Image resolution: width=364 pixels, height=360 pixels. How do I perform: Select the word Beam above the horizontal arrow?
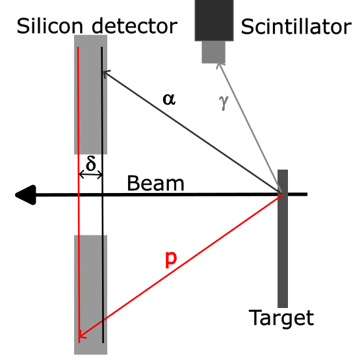155,183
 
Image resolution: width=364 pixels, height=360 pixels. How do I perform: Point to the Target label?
281,318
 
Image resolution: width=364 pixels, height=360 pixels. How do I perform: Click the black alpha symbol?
169,99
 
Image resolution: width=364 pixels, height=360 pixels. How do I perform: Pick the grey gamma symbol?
225,103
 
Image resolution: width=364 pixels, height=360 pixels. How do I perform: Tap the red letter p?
170,259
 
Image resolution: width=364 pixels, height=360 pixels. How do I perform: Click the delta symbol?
91,163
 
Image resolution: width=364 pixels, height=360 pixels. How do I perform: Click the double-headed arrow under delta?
90,175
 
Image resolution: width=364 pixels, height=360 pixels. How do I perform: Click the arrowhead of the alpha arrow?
105,72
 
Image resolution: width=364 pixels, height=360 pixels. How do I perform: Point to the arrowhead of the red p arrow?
81,336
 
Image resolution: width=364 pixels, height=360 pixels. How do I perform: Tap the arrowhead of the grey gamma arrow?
220,65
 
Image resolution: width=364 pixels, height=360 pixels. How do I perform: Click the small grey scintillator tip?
213,52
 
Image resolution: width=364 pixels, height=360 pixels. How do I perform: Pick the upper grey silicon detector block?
90,94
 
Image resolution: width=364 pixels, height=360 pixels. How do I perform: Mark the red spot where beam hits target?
281,194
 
